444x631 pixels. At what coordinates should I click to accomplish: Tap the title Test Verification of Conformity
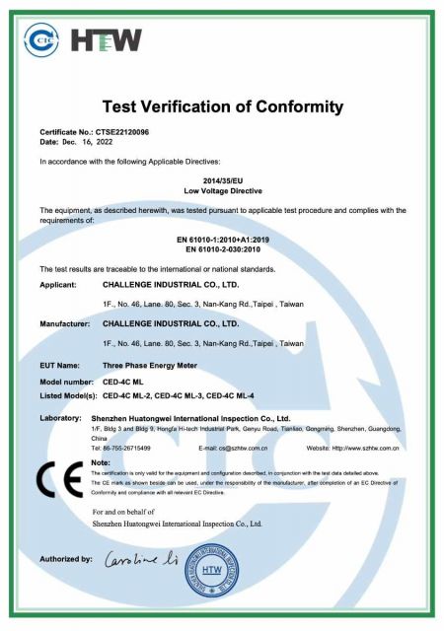click(x=221, y=106)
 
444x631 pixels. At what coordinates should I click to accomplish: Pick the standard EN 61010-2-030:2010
click(x=221, y=250)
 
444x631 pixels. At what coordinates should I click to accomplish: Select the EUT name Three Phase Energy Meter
click(x=150, y=366)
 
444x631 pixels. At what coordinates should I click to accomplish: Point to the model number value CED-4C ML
click(x=126, y=381)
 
